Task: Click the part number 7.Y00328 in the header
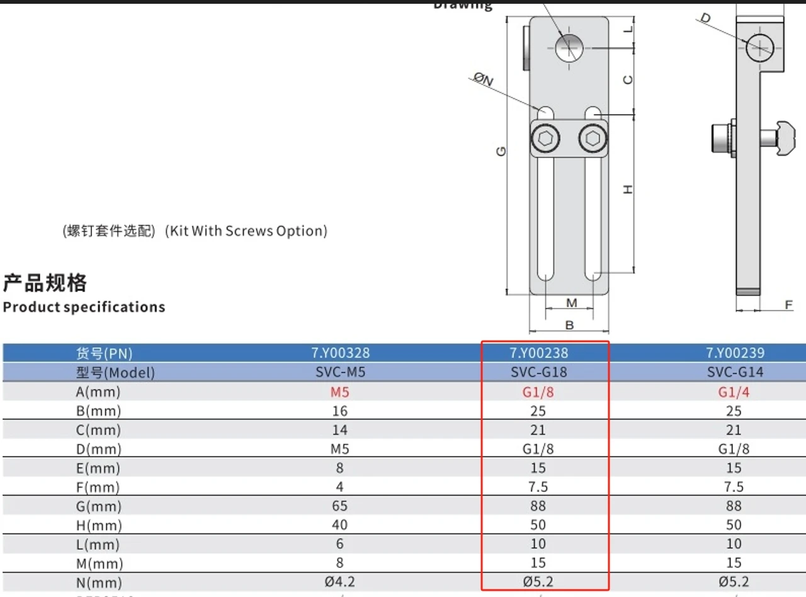click(340, 353)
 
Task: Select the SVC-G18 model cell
click(538, 372)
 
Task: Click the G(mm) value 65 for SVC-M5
click(340, 506)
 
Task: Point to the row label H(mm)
click(98, 525)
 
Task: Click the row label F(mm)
click(98, 487)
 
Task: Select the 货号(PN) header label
click(104, 353)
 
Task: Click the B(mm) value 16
click(340, 411)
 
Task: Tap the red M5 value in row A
click(340, 392)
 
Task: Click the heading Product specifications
click(84, 307)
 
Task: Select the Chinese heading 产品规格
click(45, 283)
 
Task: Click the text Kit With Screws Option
click(246, 231)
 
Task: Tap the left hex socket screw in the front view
click(545, 138)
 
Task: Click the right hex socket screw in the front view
click(593, 138)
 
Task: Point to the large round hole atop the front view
click(570, 47)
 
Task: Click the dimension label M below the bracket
click(571, 303)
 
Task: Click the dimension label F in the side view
click(788, 305)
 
